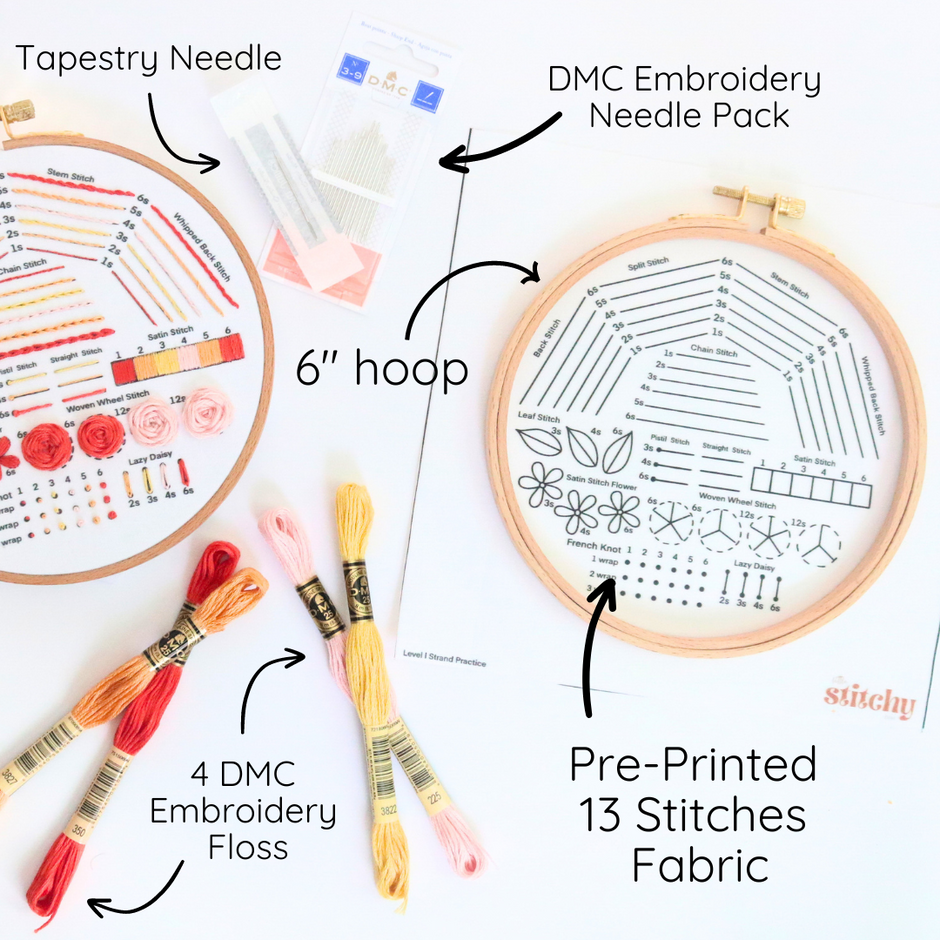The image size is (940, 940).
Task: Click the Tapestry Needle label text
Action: (x=148, y=59)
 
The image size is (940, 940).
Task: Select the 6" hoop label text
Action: (x=382, y=369)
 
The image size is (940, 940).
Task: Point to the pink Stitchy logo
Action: (x=870, y=701)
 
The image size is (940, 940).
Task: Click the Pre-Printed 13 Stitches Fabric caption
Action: (x=692, y=815)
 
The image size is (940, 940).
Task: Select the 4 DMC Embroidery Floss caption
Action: (x=243, y=811)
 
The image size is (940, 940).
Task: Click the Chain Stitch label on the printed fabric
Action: (x=713, y=352)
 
